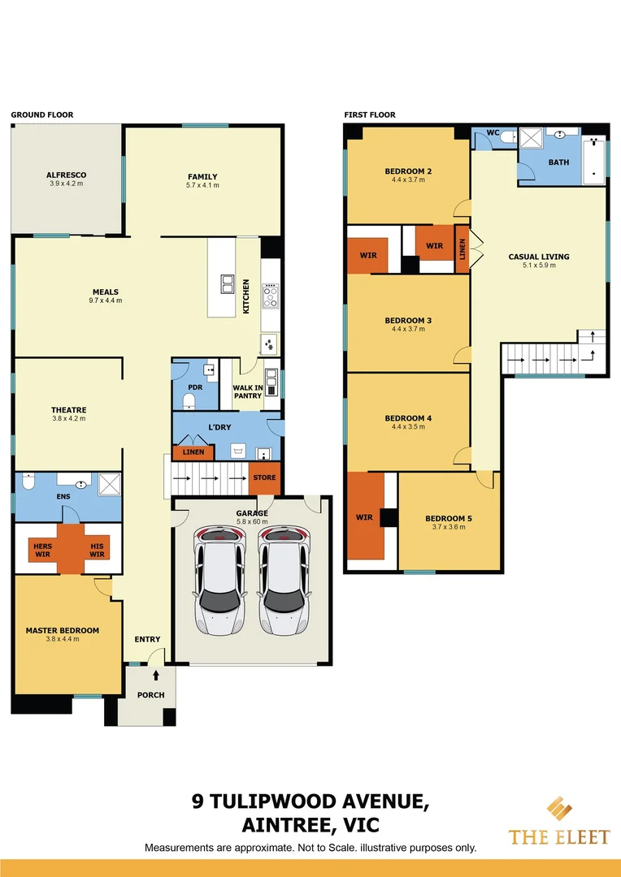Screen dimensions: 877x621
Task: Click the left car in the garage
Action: tap(219, 581)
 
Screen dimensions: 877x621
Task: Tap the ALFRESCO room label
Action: tap(66, 175)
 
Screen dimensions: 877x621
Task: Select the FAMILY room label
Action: tap(202, 176)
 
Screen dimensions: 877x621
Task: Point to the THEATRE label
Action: tap(68, 410)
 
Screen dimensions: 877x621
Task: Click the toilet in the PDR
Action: tap(190, 400)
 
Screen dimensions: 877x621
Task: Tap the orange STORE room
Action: tap(264, 477)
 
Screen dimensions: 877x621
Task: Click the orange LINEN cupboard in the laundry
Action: tap(193, 452)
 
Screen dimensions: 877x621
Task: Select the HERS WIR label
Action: tap(42, 551)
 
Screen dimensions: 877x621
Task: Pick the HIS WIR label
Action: tap(97, 551)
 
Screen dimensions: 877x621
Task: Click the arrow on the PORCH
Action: tap(154, 675)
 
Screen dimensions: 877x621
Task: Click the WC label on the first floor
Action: tap(493, 132)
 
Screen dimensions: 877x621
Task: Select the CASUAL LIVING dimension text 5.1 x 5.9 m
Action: tap(539, 266)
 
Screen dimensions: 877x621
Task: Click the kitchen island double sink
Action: tap(227, 283)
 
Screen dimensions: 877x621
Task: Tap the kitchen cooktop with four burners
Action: tap(270, 296)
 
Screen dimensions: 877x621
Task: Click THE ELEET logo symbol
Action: tap(558, 810)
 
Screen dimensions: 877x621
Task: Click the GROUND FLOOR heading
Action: tap(41, 114)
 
